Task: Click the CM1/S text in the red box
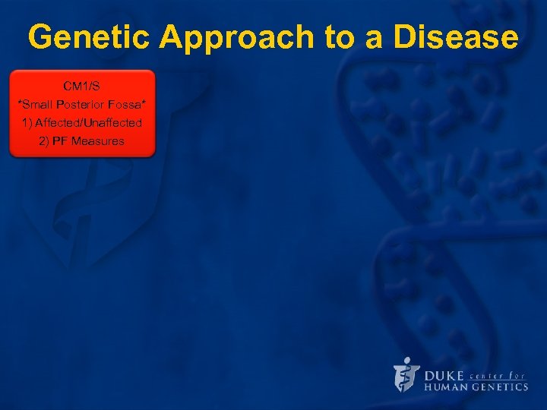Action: click(x=82, y=85)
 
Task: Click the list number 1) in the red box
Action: click(x=27, y=122)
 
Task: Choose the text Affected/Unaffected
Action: click(x=88, y=122)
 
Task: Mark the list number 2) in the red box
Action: click(x=44, y=141)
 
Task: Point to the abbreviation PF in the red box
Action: click(x=61, y=141)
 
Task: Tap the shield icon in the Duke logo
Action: click(x=406, y=374)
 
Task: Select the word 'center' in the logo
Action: click(x=490, y=375)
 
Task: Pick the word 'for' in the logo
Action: click(x=519, y=375)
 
